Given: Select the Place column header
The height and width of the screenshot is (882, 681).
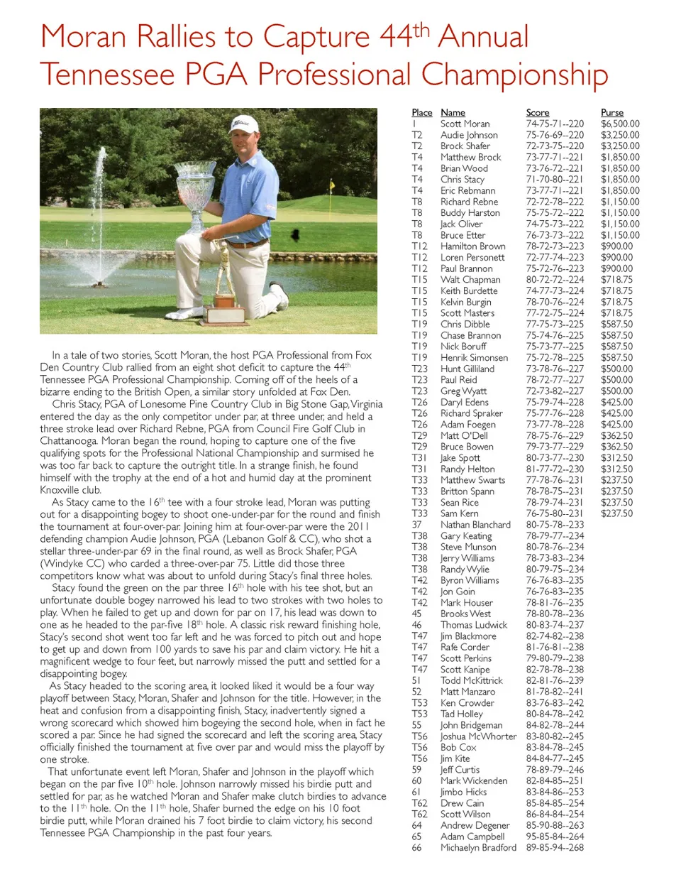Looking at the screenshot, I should point(421,113).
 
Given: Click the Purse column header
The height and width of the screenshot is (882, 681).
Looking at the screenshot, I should point(611,113).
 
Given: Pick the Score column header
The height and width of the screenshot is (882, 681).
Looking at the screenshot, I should point(537,113).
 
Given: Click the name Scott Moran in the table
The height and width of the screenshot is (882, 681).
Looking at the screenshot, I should point(465,124).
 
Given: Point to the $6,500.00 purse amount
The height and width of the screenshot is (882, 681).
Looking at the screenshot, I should point(619,124).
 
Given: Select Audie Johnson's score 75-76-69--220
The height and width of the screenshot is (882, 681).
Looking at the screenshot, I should point(555,135).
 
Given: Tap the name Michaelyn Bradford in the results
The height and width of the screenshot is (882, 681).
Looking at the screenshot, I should point(478,847).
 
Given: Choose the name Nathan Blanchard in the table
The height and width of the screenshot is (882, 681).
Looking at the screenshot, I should point(475,525).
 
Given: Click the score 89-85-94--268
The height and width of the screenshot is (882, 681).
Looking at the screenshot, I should point(555,847).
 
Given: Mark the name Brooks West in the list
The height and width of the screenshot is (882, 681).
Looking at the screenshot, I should point(465,614).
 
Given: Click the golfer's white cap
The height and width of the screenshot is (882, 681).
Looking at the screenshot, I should point(244,124).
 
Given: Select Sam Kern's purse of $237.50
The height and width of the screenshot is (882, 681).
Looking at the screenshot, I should point(616,513).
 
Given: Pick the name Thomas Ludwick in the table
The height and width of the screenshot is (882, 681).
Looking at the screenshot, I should point(474,625).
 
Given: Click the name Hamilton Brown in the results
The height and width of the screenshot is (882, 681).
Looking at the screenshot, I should point(472,246).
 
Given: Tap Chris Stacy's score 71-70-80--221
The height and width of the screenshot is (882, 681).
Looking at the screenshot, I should point(555,180).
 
